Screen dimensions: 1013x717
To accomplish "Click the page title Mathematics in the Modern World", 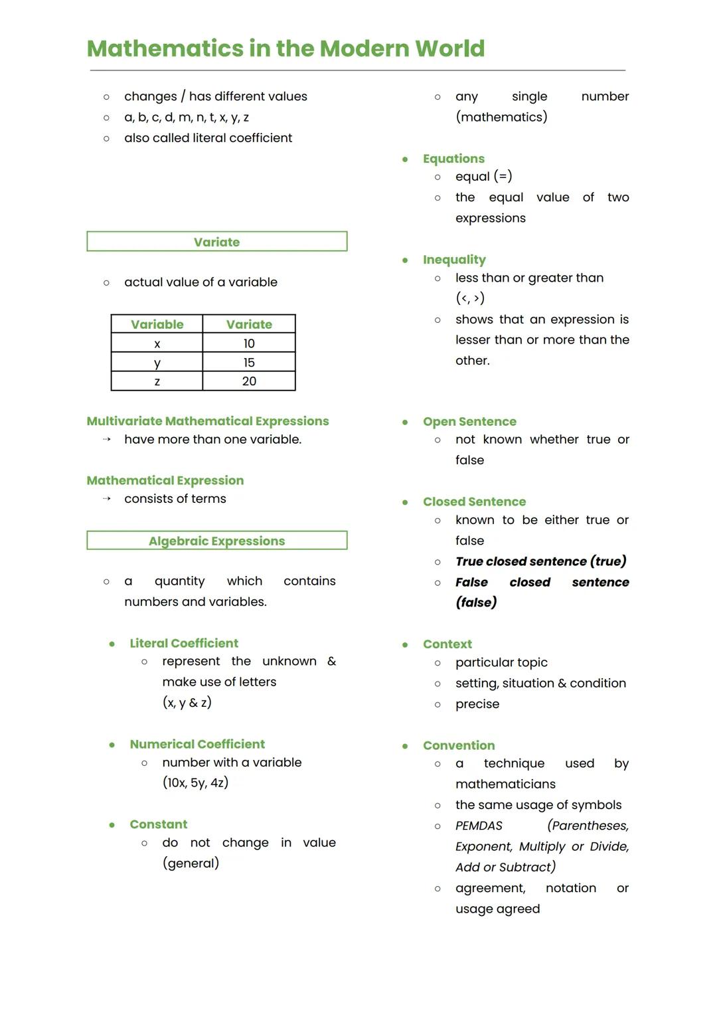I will [285, 48].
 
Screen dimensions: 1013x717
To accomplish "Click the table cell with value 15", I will [249, 363].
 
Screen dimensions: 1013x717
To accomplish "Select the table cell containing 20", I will [249, 381].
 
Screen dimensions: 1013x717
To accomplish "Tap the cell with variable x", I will [157, 344].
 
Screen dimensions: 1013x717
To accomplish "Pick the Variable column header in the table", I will [157, 324].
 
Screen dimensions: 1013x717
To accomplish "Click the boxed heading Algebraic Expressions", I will [216, 541].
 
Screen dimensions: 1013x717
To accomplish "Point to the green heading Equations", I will [453, 159].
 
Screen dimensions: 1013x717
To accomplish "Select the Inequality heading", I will [454, 260].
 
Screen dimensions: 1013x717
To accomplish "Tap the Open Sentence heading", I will [469, 422].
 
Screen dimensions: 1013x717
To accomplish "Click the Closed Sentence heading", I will [474, 502].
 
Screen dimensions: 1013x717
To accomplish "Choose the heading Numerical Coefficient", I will [197, 744].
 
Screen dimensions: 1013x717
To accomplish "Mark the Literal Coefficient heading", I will [184, 643].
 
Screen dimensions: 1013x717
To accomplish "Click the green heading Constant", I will [159, 824].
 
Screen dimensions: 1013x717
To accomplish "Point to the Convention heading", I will [459, 745].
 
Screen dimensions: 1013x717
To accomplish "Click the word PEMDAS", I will [479, 826].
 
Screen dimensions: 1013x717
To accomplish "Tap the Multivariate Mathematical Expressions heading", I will [208, 421].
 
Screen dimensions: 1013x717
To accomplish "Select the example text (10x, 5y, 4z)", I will [195, 783].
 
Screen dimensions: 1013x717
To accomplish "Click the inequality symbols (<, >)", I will [470, 298].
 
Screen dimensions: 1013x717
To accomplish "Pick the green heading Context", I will [447, 644].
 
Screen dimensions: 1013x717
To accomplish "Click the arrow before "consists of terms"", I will [106, 499].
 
